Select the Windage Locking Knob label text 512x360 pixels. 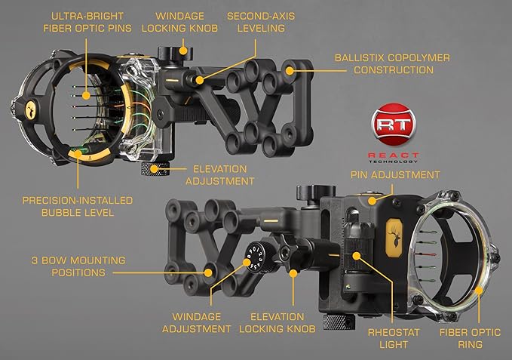click(184, 23)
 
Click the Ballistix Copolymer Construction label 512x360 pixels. click(393, 63)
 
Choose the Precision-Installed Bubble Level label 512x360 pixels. click(78, 207)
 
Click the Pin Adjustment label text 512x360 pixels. click(394, 174)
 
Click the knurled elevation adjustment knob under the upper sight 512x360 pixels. click(155, 168)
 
